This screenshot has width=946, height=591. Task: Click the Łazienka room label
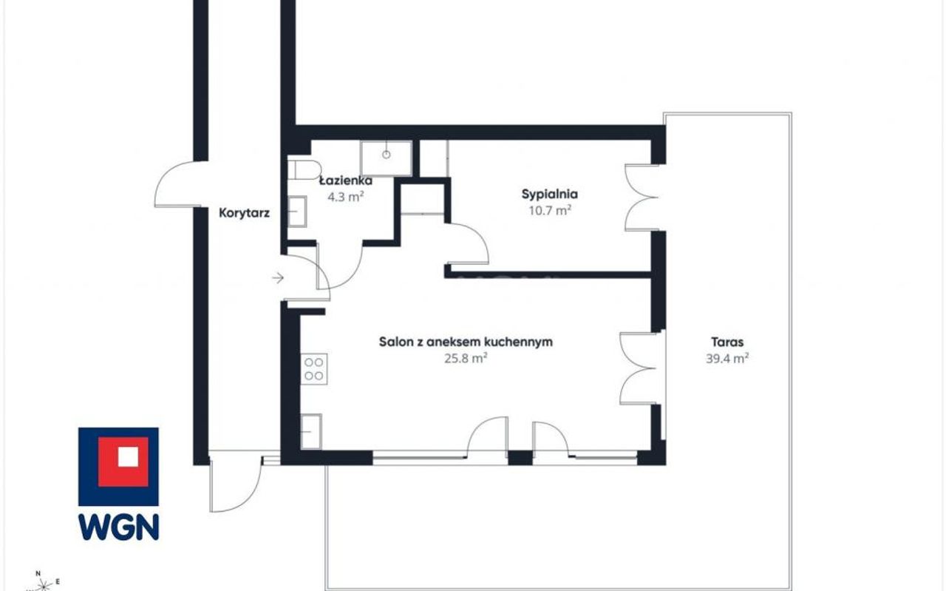[x=346, y=181]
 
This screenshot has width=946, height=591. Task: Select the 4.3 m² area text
[x=345, y=197]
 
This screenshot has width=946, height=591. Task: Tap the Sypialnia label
[x=549, y=195]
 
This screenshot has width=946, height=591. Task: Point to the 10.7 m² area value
[x=550, y=210]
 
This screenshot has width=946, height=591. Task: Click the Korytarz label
[x=244, y=213]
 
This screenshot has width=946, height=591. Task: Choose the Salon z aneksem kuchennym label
[x=466, y=342]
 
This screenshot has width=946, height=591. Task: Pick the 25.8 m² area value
[x=466, y=359]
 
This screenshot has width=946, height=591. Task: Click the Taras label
[x=727, y=342]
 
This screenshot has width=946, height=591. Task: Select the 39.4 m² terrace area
[x=727, y=359]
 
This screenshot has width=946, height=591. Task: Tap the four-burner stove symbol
[x=314, y=369]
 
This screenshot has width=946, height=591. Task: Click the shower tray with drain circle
[x=386, y=158]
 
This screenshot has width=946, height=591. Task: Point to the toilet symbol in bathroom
[x=304, y=169]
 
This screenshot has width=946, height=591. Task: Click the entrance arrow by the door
[x=277, y=277]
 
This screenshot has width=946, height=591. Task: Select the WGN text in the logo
[x=119, y=527]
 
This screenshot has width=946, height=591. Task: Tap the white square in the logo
[x=128, y=457]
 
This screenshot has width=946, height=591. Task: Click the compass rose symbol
[x=42, y=584]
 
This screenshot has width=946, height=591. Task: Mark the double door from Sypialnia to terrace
[x=642, y=197]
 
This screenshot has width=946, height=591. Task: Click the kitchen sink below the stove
[x=311, y=432]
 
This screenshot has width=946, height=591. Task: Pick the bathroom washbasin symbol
[x=297, y=212]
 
